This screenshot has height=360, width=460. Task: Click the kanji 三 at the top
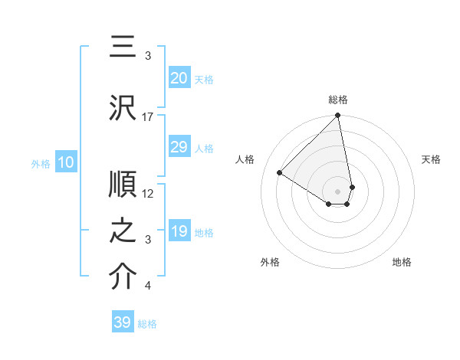(123, 48)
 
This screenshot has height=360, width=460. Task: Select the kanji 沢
(123, 108)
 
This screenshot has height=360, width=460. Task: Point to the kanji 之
(123, 232)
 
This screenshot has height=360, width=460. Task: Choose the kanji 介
(123, 278)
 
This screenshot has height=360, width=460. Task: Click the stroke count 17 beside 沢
(148, 117)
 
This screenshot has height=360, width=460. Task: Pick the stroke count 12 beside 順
(148, 194)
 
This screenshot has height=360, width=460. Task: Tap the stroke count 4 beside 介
(148, 286)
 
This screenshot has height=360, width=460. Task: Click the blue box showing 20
(179, 78)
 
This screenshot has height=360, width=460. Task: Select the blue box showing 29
(179, 147)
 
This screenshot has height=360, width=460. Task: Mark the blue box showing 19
(179, 231)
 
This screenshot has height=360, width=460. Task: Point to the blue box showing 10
(66, 162)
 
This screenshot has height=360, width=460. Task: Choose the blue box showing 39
(122, 322)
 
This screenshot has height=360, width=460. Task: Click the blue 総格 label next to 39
(147, 324)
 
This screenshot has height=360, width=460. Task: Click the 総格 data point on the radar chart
(338, 116)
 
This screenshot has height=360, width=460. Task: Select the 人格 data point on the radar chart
(280, 172)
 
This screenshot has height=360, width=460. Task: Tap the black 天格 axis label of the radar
(432, 159)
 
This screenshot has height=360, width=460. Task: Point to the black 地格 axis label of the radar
(402, 262)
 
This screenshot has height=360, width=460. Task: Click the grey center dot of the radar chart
(338, 191)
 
